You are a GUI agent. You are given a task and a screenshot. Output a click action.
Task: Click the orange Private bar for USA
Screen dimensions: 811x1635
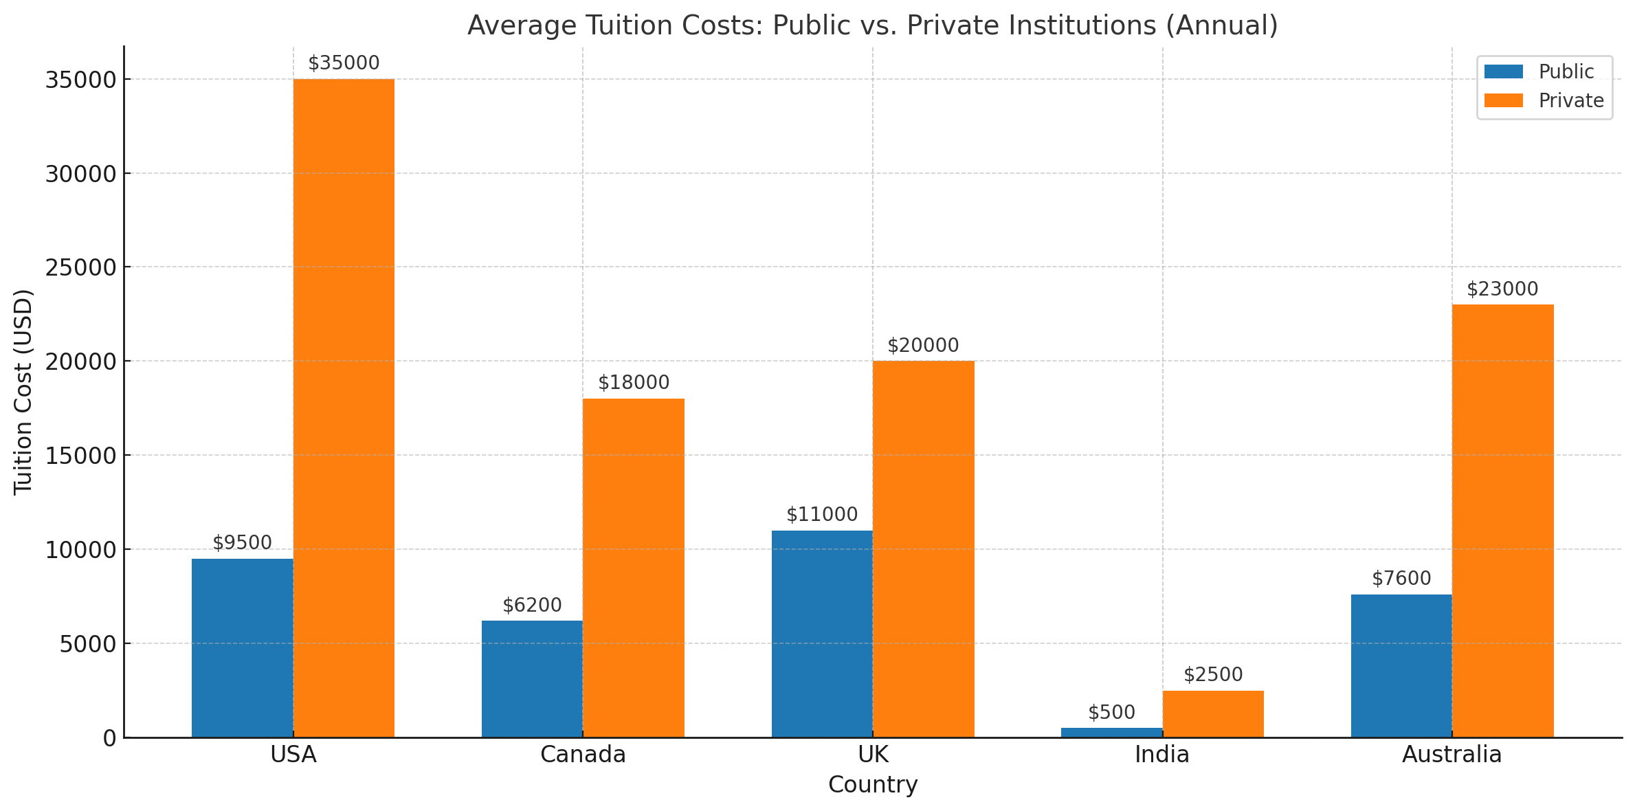(x=344, y=408)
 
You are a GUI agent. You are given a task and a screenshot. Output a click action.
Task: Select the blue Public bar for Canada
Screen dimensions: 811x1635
(x=532, y=679)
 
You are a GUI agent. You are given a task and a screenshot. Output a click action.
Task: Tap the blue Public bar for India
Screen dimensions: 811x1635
(x=1111, y=733)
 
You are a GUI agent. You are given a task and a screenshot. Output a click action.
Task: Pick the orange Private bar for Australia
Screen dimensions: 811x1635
(x=1502, y=521)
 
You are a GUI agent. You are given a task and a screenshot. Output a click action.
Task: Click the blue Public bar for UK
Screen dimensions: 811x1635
(x=822, y=634)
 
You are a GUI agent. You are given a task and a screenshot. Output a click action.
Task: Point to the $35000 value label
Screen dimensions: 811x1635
(x=344, y=63)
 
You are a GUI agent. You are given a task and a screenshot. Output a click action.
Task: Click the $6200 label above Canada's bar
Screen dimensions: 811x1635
(x=532, y=606)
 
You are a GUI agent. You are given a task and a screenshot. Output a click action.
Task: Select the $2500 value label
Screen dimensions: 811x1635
(x=1213, y=675)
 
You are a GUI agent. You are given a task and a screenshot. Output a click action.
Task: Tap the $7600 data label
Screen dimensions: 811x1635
(x=1401, y=579)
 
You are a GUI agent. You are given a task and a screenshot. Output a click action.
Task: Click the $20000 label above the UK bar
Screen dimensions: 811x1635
(x=923, y=346)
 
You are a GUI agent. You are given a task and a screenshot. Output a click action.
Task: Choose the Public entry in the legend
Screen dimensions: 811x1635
(x=1566, y=71)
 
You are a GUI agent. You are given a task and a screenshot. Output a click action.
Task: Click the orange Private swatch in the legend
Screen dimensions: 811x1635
(x=1503, y=100)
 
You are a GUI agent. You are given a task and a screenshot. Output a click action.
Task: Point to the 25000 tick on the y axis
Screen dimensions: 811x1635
(x=80, y=267)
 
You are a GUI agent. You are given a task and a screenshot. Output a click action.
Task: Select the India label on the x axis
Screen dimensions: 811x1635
(x=1162, y=755)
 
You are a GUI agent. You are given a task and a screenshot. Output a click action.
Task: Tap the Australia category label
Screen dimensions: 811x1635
(x=1452, y=755)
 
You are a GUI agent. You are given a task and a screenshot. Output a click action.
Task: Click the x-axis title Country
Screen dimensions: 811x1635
(x=873, y=784)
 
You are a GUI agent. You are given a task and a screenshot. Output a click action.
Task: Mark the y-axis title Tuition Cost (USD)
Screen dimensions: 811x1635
(x=23, y=392)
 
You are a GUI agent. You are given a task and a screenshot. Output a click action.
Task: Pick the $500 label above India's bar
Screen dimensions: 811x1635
(x=1111, y=713)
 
